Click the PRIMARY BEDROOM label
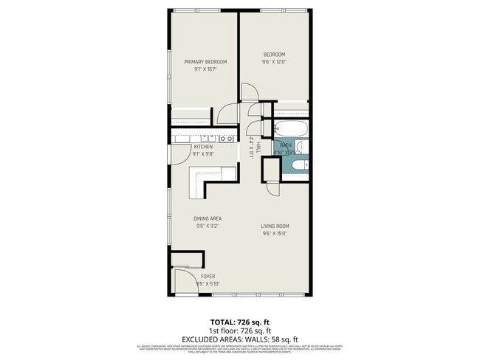tap(205, 61)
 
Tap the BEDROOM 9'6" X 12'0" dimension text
tap(273, 62)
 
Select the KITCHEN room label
tap(203, 147)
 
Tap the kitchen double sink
tap(210, 137)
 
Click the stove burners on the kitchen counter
tap(228, 138)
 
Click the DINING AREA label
tap(208, 218)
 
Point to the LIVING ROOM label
tap(274, 226)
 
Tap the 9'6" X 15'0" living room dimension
tap(274, 235)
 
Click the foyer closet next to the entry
tap(188, 258)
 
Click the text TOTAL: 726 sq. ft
tap(239, 322)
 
